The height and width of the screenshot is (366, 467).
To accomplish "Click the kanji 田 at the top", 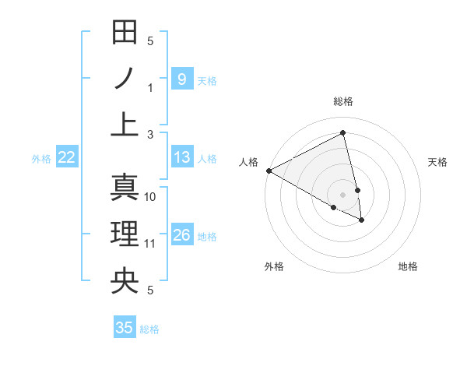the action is pyautogui.click(x=125, y=33).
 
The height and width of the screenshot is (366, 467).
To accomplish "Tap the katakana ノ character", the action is pyautogui.click(x=125, y=78).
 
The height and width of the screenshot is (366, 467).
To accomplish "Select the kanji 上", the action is pyautogui.click(x=125, y=124).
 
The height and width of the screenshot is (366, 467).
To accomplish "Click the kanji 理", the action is pyautogui.click(x=125, y=234).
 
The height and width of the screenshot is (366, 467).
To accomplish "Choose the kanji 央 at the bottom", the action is pyautogui.click(x=125, y=280).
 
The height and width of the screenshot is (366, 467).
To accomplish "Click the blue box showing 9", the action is pyautogui.click(x=181, y=79).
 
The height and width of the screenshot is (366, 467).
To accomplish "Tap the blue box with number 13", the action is pyautogui.click(x=181, y=157).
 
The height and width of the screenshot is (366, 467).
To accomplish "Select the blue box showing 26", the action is pyautogui.click(x=181, y=235).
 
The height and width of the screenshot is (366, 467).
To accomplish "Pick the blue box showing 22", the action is pyautogui.click(x=67, y=157).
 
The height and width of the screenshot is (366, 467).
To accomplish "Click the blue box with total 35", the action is pyautogui.click(x=125, y=327).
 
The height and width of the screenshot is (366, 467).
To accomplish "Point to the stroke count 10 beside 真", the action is pyautogui.click(x=150, y=197).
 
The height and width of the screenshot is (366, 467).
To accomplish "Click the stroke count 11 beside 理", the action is pyautogui.click(x=150, y=244).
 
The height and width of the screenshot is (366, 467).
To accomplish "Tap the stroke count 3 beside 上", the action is pyautogui.click(x=150, y=135).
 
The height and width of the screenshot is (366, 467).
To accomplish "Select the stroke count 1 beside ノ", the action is pyautogui.click(x=150, y=88).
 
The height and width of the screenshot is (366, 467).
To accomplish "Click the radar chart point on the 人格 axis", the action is pyautogui.click(x=269, y=171).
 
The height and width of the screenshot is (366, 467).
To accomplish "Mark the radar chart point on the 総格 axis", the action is pyautogui.click(x=343, y=133).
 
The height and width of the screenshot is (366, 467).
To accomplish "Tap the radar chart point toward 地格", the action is pyautogui.click(x=362, y=220).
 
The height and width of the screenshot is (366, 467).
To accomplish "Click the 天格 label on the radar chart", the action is pyautogui.click(x=437, y=162).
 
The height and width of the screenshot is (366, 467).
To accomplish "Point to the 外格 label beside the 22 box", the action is pyautogui.click(x=41, y=159).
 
